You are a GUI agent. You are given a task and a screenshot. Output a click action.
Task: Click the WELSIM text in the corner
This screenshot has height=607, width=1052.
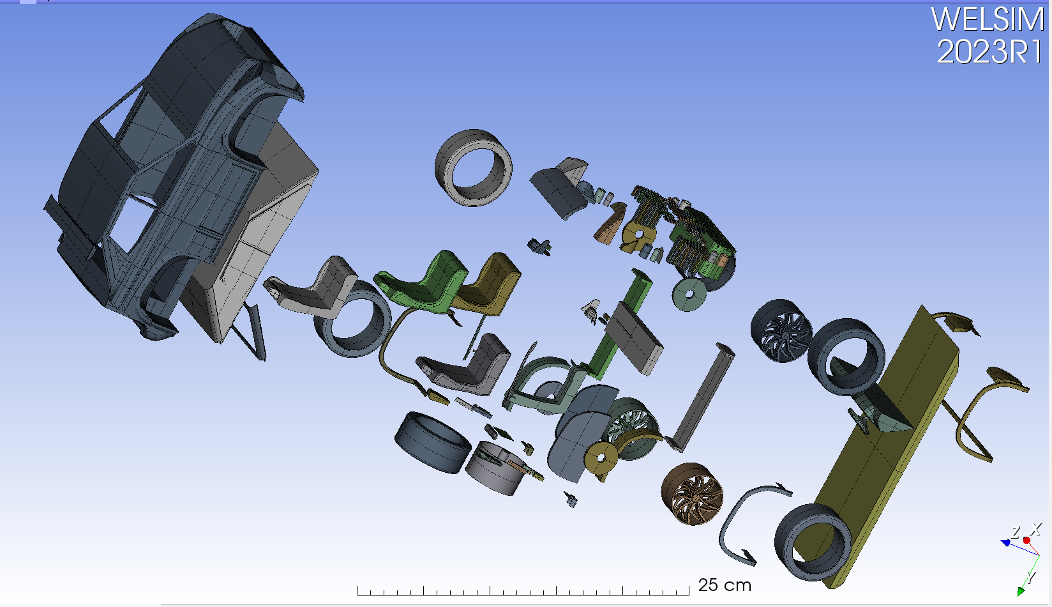pos(987,19)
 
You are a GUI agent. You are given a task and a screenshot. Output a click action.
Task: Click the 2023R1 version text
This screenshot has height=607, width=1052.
pos(989,52)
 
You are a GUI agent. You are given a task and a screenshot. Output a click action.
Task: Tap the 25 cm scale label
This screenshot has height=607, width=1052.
pos(724,585)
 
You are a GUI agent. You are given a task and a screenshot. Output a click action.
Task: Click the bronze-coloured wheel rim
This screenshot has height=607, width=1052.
pos(692,494)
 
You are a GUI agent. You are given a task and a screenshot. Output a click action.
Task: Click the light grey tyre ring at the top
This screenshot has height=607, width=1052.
pos(474,167)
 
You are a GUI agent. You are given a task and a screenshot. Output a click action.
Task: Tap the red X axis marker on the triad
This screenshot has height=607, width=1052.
pos(1026,541)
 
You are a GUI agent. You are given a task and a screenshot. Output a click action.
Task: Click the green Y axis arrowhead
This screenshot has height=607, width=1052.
pos(1021,592)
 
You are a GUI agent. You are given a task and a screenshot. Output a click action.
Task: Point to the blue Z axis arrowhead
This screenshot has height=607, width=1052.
pos(1005,543)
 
